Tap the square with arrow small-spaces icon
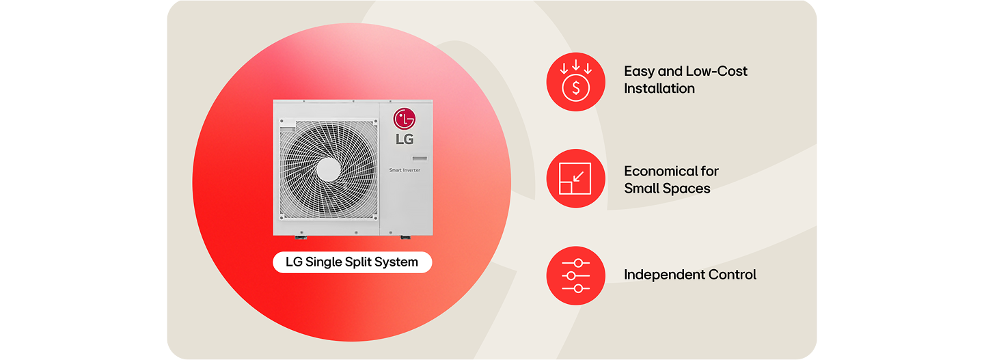[x=575, y=179]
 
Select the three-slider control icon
[x=575, y=275]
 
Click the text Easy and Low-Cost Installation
[x=685, y=79]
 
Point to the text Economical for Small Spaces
[x=671, y=180]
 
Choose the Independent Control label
[x=689, y=275]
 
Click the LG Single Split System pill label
[x=352, y=262]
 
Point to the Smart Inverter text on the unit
[x=405, y=169]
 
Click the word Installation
[x=659, y=88]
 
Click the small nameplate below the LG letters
[x=419, y=156]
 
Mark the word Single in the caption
[x=325, y=262]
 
